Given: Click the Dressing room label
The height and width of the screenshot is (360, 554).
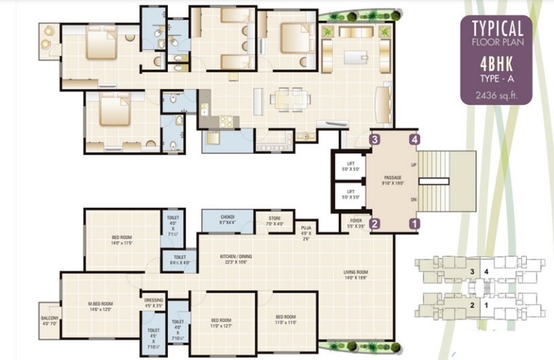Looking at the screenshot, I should coord(154,300).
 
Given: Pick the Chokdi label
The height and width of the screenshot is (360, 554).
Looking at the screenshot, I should coord(227,218).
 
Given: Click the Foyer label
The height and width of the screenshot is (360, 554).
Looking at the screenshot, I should coord(356,220).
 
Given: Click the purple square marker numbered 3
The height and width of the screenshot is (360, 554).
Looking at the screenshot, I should coord(375,140).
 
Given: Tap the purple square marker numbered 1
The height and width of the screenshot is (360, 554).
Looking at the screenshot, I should coord(414,223).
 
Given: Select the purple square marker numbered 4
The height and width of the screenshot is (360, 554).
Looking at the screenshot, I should coord(414,140).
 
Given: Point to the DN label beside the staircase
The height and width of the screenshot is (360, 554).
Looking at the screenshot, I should coord(414,201).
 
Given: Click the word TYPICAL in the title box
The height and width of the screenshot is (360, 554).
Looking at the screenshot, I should coord(497,28).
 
